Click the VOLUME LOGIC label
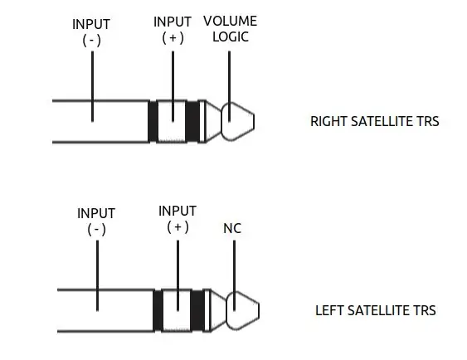pyautogui.click(x=231, y=29)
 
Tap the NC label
pyautogui.click(x=232, y=228)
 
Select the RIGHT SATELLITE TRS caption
pyautogui.click(x=375, y=121)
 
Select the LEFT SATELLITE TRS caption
pyautogui.click(x=376, y=310)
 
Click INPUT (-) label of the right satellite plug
pyautogui.click(x=91, y=32)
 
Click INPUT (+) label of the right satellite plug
pyautogui.click(x=173, y=30)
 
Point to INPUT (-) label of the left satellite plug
pyautogui.click(x=96, y=221)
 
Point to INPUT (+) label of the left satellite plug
pyautogui.click(x=178, y=219)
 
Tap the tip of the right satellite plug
pyautogui.click(x=238, y=121)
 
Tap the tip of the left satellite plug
pyautogui.click(x=243, y=310)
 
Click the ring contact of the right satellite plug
pyautogui.click(x=173, y=121)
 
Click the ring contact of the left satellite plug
pyautogui.click(x=177, y=310)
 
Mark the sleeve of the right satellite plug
pyautogui.click(x=100, y=121)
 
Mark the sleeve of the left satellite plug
pyautogui.click(x=105, y=310)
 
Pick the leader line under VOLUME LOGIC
pyautogui.click(x=229, y=86)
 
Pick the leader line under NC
pyautogui.click(x=235, y=275)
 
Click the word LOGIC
pyautogui.click(x=231, y=37)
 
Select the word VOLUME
pyautogui.click(x=231, y=21)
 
